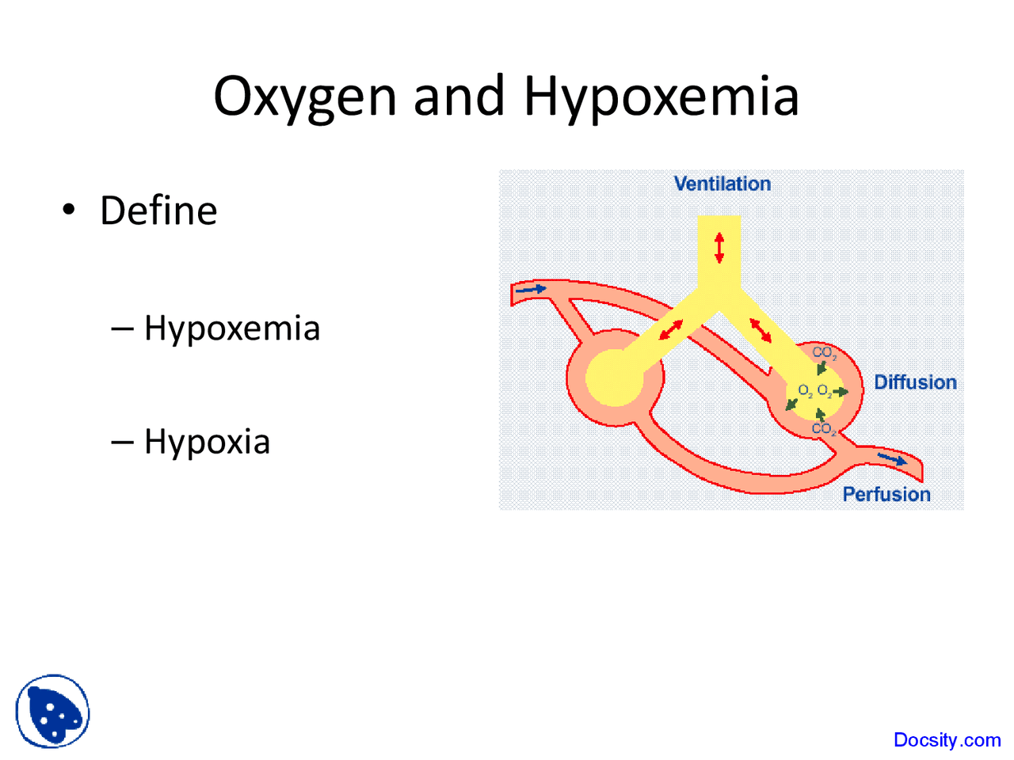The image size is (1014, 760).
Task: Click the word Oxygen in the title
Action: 306,97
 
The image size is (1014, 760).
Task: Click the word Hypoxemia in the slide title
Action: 661,97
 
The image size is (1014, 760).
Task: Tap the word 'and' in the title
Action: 459,96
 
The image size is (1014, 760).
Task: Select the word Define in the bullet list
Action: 158,211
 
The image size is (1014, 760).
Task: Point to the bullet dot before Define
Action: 69,210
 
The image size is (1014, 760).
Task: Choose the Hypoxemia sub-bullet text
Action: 232,329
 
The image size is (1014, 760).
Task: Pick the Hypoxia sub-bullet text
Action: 207,442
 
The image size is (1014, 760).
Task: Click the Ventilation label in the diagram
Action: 722,184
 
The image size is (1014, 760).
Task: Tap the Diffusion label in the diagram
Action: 915,382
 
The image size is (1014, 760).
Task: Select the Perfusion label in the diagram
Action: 886,495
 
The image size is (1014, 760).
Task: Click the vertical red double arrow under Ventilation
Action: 719,247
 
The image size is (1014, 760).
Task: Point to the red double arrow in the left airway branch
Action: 671,329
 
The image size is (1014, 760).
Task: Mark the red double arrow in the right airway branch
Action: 760,329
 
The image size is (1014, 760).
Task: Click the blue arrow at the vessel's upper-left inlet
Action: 530,291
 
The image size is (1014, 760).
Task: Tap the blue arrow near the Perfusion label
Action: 892,458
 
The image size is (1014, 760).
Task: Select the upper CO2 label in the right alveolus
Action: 824,353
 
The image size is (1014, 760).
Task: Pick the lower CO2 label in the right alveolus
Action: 824,429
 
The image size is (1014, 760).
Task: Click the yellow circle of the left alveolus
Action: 614,377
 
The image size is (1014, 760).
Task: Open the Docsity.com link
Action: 947,740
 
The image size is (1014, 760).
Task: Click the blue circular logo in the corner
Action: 52,711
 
